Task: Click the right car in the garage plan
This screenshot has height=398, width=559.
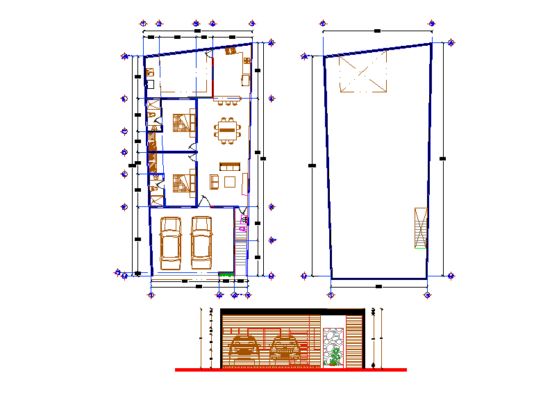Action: pyautogui.click(x=201, y=243)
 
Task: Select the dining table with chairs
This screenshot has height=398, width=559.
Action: pyautogui.click(x=226, y=130)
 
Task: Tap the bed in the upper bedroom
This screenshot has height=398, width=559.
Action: pyautogui.click(x=183, y=122)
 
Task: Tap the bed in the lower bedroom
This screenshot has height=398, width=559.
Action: pyautogui.click(x=183, y=182)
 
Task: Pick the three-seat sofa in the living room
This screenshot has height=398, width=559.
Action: pyautogui.click(x=229, y=166)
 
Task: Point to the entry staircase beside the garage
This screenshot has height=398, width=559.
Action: pyautogui.click(x=241, y=254)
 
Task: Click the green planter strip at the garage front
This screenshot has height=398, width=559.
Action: pyautogui.click(x=226, y=276)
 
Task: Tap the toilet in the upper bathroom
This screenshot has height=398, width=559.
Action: pyautogui.click(x=152, y=114)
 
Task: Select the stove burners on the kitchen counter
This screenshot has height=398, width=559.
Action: pyautogui.click(x=247, y=63)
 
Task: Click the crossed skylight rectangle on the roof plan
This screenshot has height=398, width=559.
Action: pyautogui.click(x=362, y=74)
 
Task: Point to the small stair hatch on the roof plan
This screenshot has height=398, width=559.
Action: pyautogui.click(x=419, y=227)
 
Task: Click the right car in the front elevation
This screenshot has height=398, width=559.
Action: pyautogui.click(x=285, y=347)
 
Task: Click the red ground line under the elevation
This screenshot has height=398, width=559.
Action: pyautogui.click(x=290, y=370)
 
